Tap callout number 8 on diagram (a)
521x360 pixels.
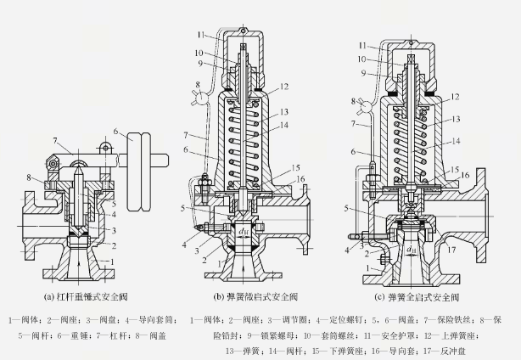pos(30,176)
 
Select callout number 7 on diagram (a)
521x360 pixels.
pos(54,140)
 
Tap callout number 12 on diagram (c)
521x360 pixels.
pos(456,96)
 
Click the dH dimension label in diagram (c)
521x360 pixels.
pos(411,250)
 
